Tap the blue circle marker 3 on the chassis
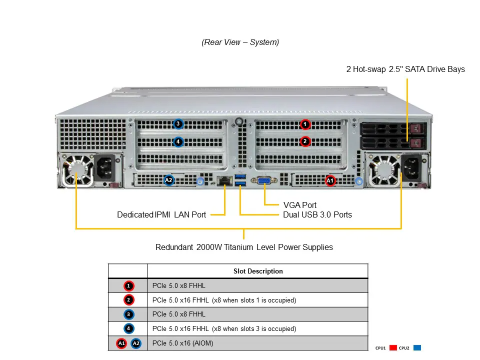point(178,124)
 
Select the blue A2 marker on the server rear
point(169,180)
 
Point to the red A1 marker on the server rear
point(330,180)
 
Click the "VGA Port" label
point(299,205)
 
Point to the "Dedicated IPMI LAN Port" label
point(161,215)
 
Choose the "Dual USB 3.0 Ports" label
point(317,215)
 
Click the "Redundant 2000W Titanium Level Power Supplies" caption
point(244,247)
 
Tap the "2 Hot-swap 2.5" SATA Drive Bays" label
point(405,69)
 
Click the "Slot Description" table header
point(258,271)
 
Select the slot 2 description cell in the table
point(224,300)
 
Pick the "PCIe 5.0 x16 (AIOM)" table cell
point(186,343)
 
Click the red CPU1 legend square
point(392,348)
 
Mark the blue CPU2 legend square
point(417,348)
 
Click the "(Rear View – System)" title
point(240,42)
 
